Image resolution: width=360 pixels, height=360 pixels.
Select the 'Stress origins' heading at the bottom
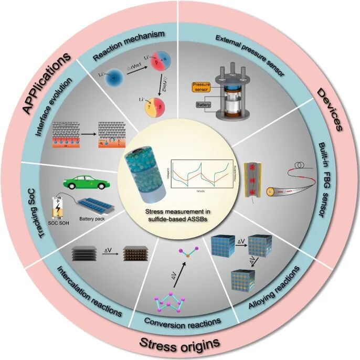(180, 344)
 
